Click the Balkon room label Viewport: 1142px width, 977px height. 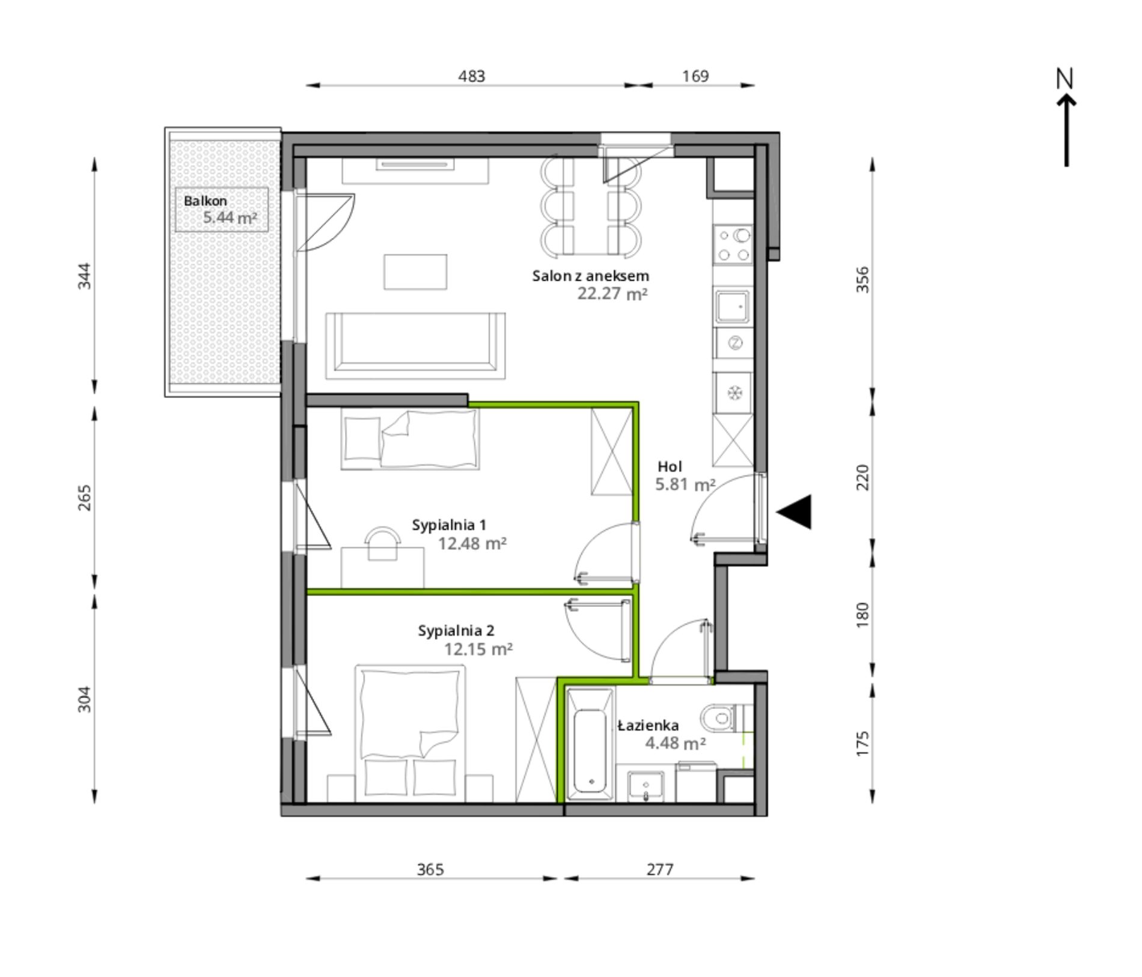pyautogui.click(x=205, y=201)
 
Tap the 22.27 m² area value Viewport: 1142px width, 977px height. pyautogui.click(x=612, y=294)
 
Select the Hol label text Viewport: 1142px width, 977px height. pyautogui.click(x=670, y=466)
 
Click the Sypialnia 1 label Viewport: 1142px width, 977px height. pyautogui.click(x=449, y=525)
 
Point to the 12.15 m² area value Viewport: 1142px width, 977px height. pyautogui.click(x=478, y=649)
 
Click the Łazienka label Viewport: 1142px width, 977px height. pyautogui.click(x=649, y=725)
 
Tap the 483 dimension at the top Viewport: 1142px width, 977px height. pyautogui.click(x=471, y=76)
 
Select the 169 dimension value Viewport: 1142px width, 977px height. pyautogui.click(x=695, y=76)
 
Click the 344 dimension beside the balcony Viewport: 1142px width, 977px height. pyautogui.click(x=85, y=276)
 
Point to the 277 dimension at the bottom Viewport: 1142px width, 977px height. pyautogui.click(x=660, y=869)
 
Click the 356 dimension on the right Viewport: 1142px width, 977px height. pyautogui.click(x=863, y=279)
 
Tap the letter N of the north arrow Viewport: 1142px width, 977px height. pyautogui.click(x=1064, y=78)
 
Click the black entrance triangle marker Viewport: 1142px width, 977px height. pyautogui.click(x=794, y=512)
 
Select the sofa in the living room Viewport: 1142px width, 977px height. pyautogui.click(x=415, y=345)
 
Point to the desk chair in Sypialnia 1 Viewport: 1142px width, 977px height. pyautogui.click(x=383, y=543)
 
